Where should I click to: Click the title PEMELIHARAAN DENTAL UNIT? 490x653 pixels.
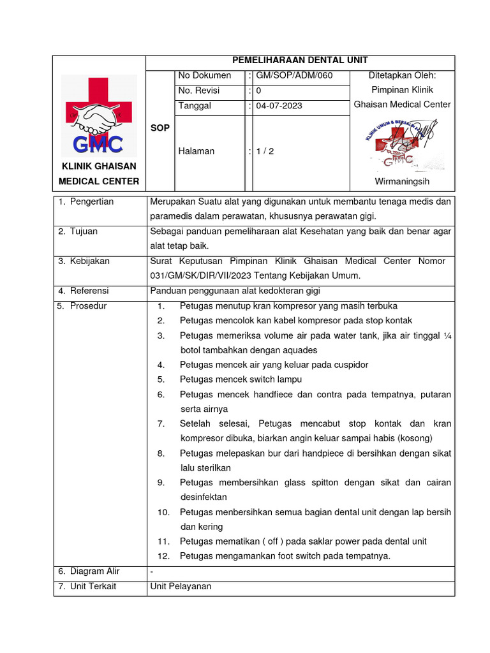click(x=300, y=61)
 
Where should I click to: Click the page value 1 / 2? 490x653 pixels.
click(x=265, y=152)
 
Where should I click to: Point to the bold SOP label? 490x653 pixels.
click(x=160, y=128)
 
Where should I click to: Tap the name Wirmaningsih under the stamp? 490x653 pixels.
click(x=402, y=182)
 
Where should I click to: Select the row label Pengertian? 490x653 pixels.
click(x=91, y=202)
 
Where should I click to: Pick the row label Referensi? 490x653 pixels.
click(x=89, y=291)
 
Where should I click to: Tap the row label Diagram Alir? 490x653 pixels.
click(x=94, y=571)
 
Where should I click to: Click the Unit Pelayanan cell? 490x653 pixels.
click(x=181, y=586)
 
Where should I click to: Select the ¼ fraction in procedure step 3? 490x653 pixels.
click(x=447, y=335)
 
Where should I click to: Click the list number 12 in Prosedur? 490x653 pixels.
click(x=163, y=556)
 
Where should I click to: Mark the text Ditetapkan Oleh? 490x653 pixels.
click(x=402, y=76)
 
